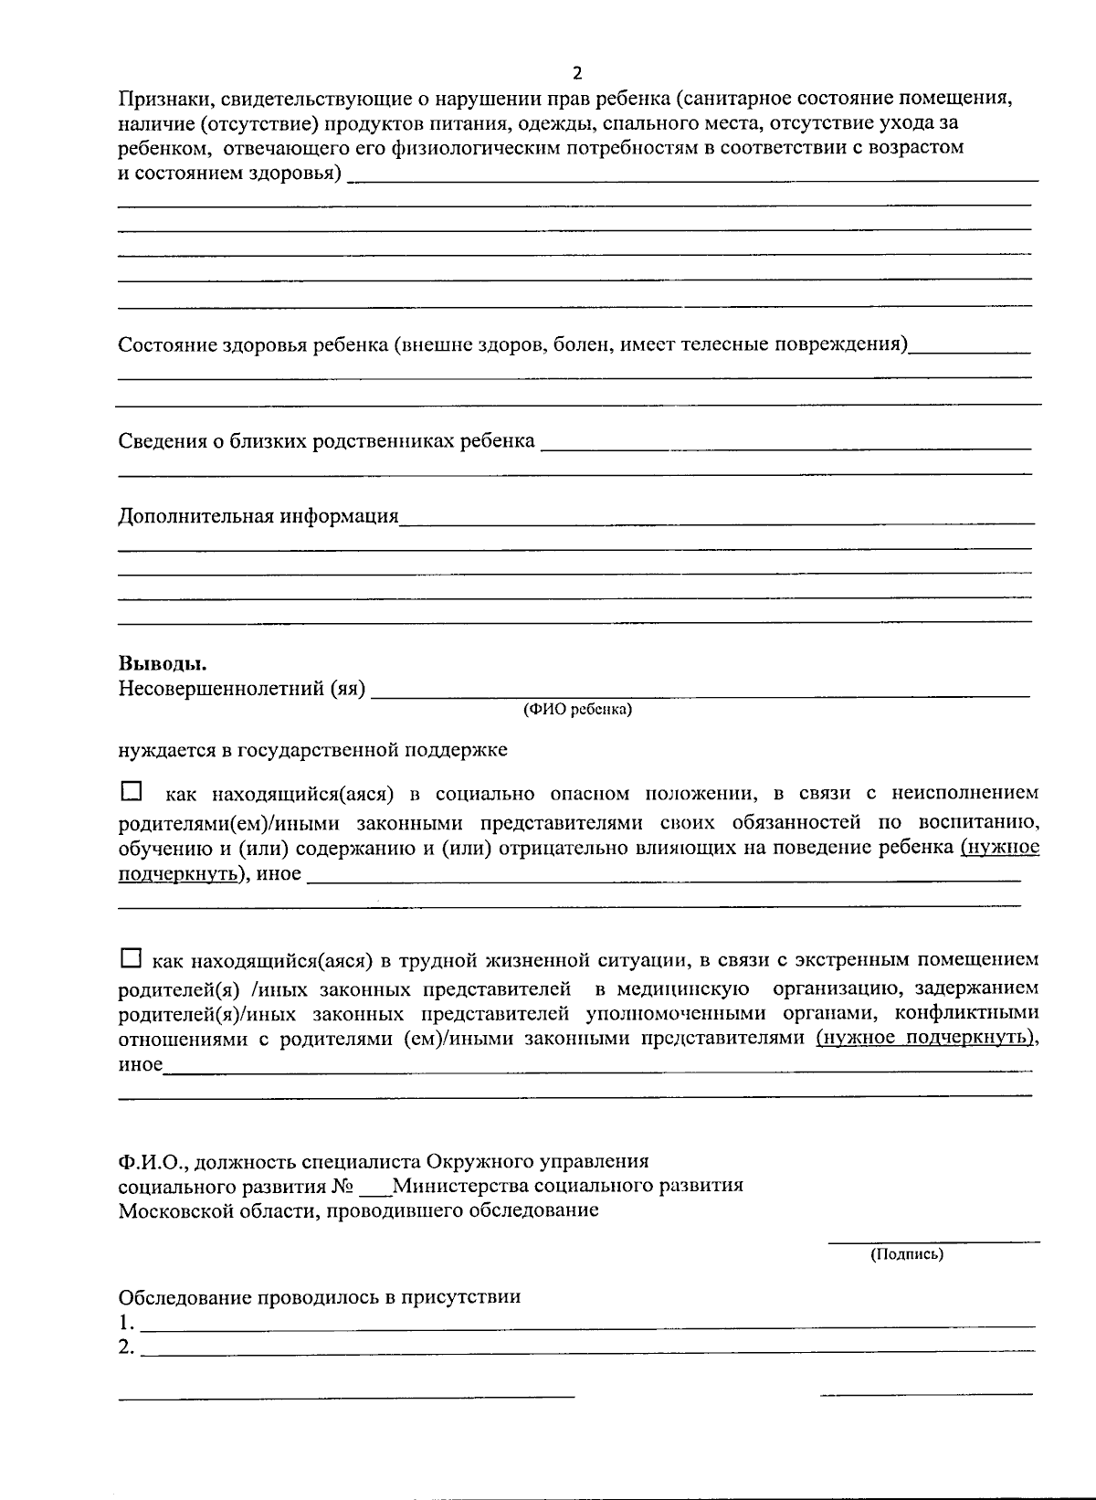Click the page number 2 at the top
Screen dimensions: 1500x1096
tap(576, 74)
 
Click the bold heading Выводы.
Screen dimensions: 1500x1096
tap(163, 664)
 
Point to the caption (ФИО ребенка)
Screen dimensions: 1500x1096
tap(577, 709)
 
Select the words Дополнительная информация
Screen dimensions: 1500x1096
tap(258, 517)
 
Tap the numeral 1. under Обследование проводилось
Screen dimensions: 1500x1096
tap(127, 1323)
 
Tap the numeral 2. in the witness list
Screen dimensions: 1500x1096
tap(127, 1347)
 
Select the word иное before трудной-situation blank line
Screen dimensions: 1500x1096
tap(141, 1065)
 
